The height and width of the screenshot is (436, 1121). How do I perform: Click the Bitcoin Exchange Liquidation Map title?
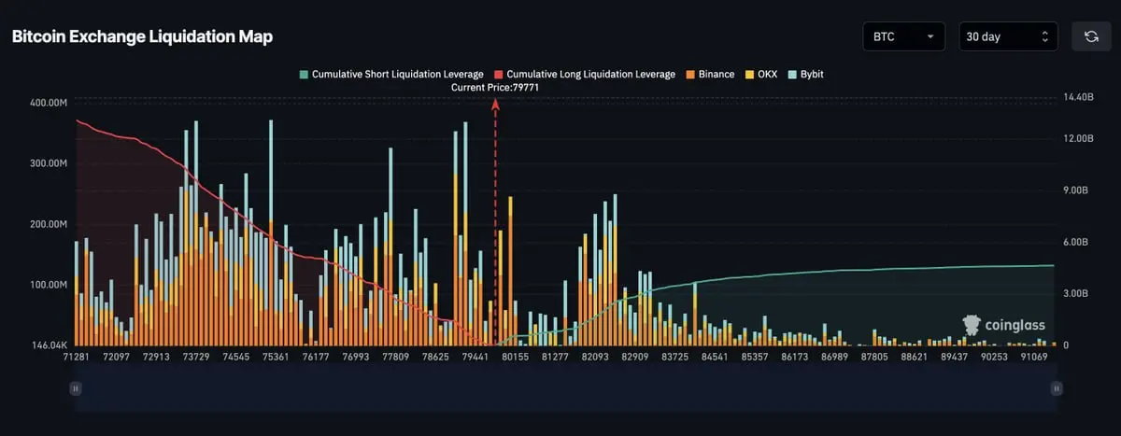pos(143,36)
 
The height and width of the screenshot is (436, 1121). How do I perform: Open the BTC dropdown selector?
pos(904,36)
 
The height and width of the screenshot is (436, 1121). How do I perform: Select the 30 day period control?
pos(1008,36)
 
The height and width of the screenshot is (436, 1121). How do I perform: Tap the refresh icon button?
pos(1091,36)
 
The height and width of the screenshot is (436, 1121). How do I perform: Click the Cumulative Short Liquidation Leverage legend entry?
pos(391,75)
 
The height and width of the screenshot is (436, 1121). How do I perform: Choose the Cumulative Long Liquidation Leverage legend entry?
pos(585,75)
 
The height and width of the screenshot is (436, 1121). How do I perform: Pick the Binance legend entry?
pos(710,75)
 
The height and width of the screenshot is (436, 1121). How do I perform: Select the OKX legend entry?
pos(761,75)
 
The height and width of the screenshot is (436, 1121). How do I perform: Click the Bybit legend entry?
pos(805,75)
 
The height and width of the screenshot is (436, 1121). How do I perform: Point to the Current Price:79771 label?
pos(495,88)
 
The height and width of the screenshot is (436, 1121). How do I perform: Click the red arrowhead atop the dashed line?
pos(495,104)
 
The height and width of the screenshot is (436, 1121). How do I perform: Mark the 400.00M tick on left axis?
pos(49,103)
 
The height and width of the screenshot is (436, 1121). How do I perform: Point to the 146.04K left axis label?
pos(50,345)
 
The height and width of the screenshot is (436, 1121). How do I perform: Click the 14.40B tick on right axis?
pos(1078,97)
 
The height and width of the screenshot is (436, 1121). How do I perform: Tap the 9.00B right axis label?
pos(1075,190)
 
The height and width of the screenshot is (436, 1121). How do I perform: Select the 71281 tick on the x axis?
pos(76,357)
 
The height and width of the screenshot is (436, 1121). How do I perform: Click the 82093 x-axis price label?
pos(595,357)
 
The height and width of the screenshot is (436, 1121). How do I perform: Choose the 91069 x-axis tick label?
pos(1034,357)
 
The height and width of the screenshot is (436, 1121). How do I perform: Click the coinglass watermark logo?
pos(1004,326)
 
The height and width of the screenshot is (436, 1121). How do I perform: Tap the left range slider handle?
pos(76,388)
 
